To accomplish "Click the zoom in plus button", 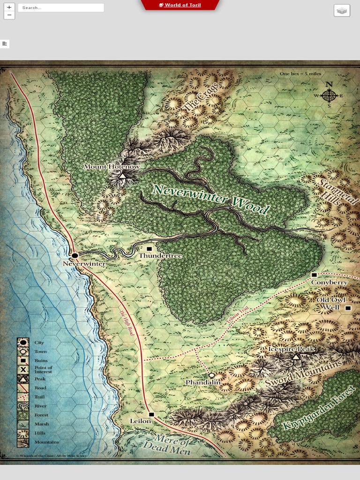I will [x=9, y=7].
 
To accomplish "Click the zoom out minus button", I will [x=9, y=15].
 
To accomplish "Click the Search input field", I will [x=61, y=7].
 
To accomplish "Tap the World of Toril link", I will [x=180, y=5].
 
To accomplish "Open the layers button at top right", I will [x=342, y=10].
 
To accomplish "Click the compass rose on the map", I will [x=329, y=95].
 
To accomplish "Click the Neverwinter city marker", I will [x=75, y=255].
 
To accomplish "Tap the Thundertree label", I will [x=160, y=256].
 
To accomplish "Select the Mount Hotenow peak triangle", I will [x=122, y=175].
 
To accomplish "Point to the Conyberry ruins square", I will [x=314, y=275].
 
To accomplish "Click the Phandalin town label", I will [x=202, y=382].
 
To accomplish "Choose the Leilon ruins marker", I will [x=151, y=414].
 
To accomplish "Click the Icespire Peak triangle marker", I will [x=296, y=357].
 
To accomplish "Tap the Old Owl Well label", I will [x=330, y=303].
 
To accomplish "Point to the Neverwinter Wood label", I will [x=211, y=199].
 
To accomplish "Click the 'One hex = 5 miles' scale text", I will [x=300, y=74].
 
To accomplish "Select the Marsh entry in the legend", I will [x=41, y=424].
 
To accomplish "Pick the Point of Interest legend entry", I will [x=43, y=370].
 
